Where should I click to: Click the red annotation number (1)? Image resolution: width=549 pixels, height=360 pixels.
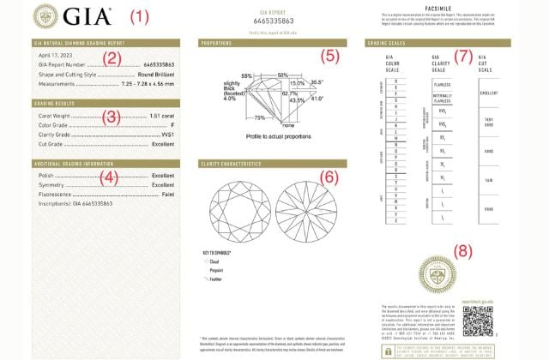click(139, 16)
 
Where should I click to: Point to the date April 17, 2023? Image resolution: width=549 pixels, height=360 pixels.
click(57, 56)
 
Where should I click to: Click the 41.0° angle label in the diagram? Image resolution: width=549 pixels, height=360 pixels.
click(318, 99)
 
